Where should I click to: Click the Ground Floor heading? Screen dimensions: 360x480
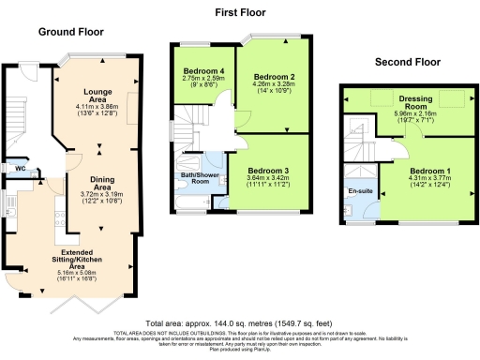[x=70, y=31]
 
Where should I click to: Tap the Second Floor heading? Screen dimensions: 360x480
[x=407, y=62]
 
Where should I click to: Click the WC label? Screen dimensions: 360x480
[x=20, y=169]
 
